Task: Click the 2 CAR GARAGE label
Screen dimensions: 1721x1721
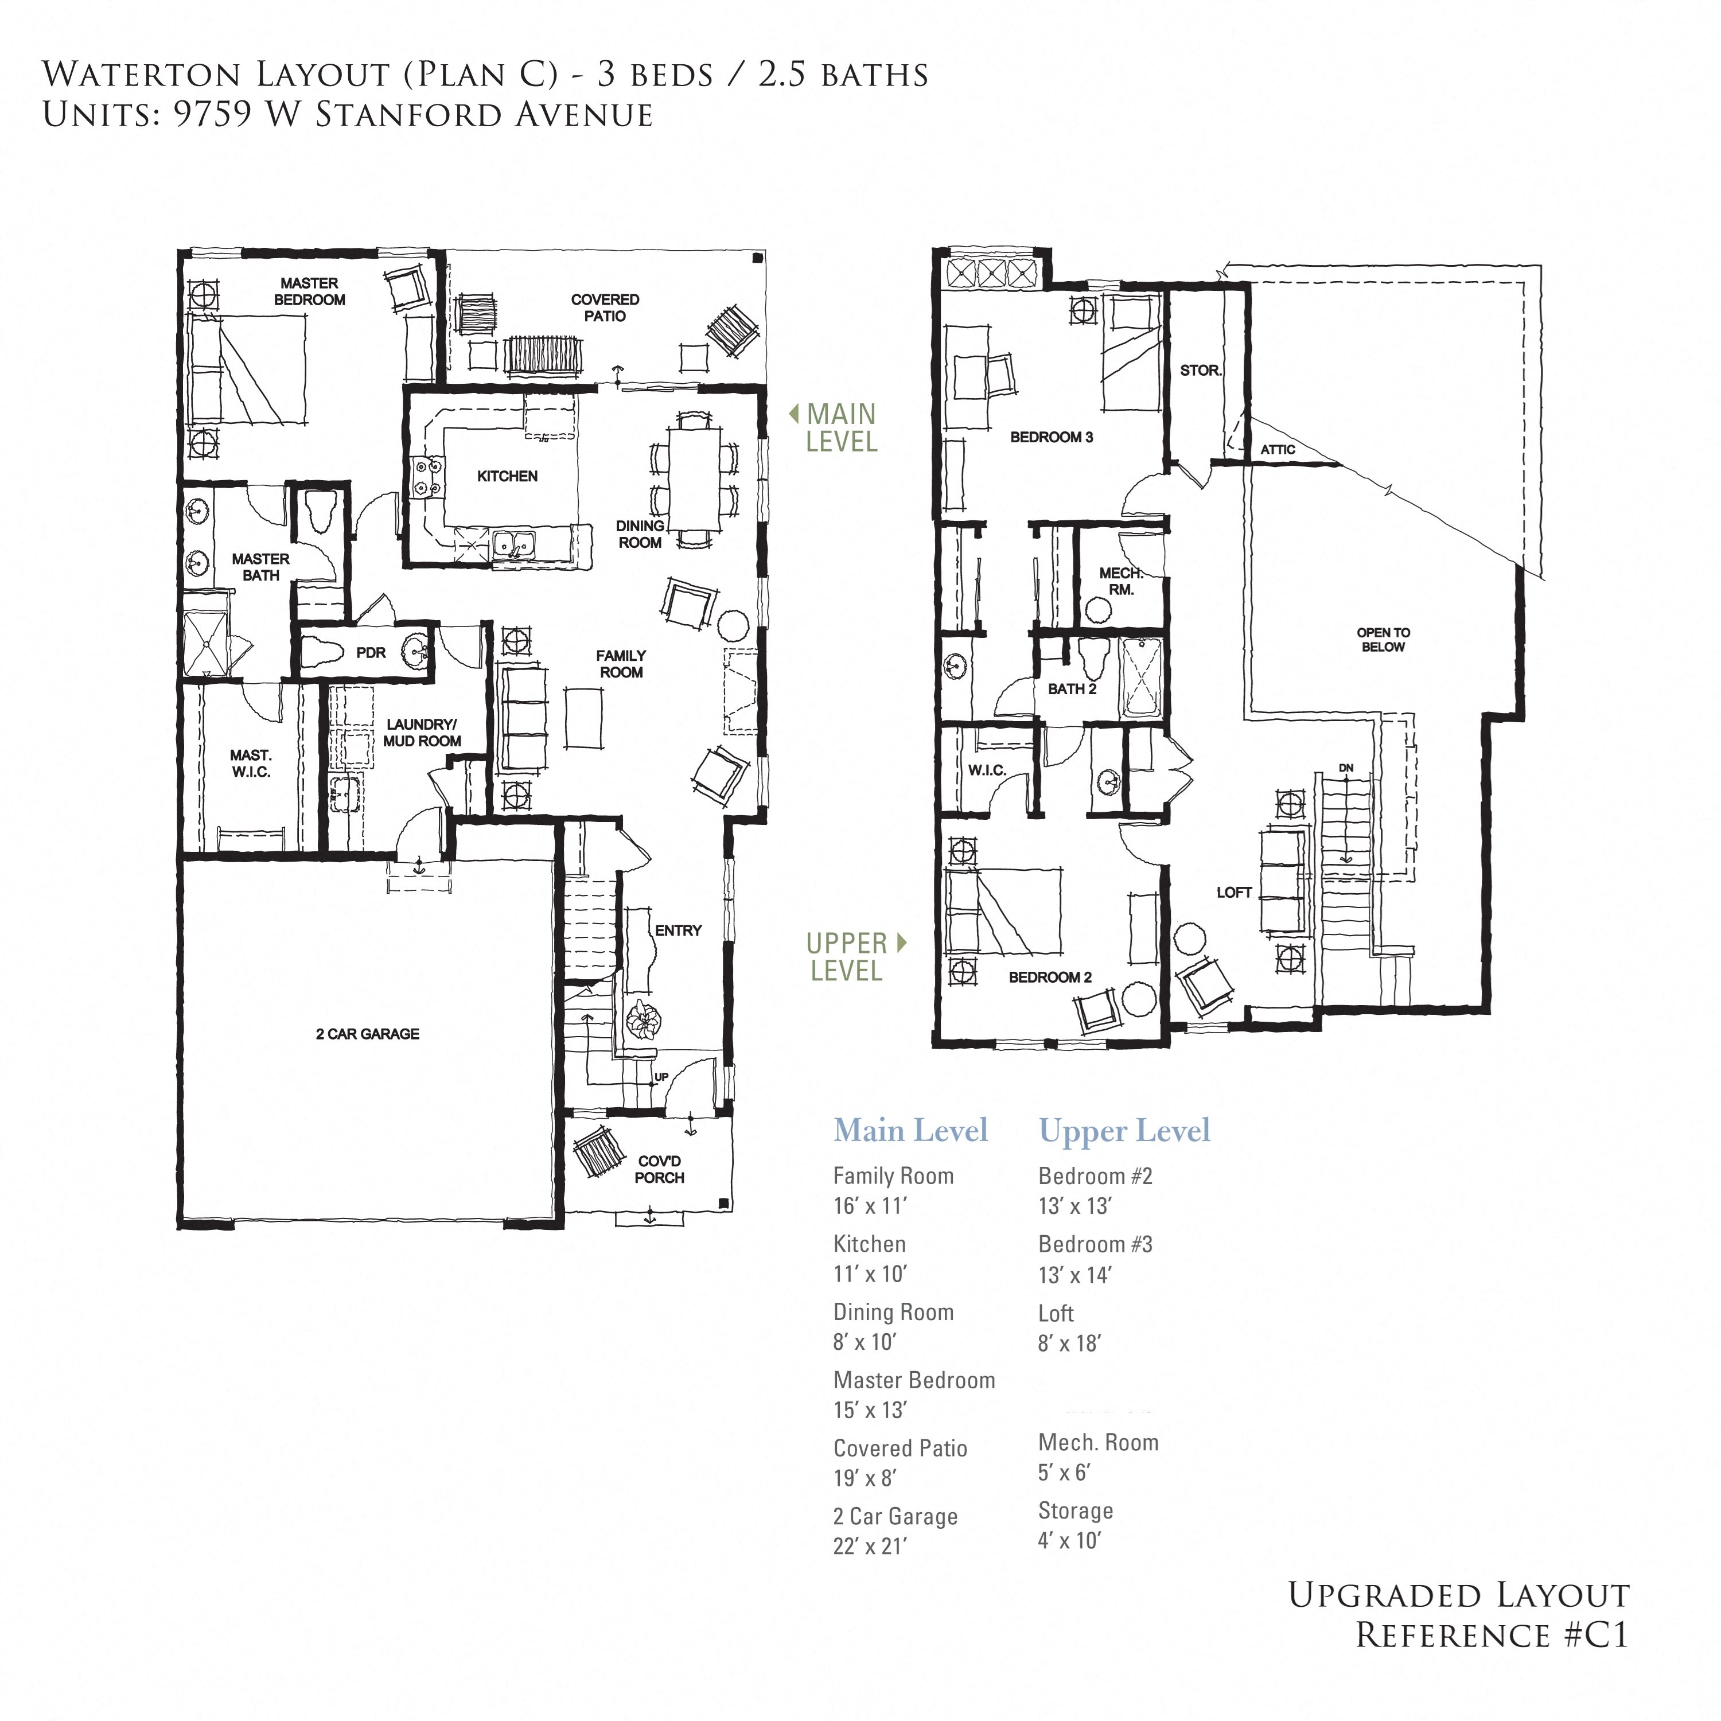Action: (367, 1033)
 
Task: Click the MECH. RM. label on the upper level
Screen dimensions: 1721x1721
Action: (1120, 581)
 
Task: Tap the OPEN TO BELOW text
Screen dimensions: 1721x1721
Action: (1383, 640)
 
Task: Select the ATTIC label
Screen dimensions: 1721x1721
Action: (1278, 450)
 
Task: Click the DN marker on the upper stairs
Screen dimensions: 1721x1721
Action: (1345, 768)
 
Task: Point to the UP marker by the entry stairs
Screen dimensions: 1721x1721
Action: (661, 1077)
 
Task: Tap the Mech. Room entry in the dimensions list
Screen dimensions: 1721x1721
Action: (1097, 1442)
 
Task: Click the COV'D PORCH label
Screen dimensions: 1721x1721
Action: (659, 1169)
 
